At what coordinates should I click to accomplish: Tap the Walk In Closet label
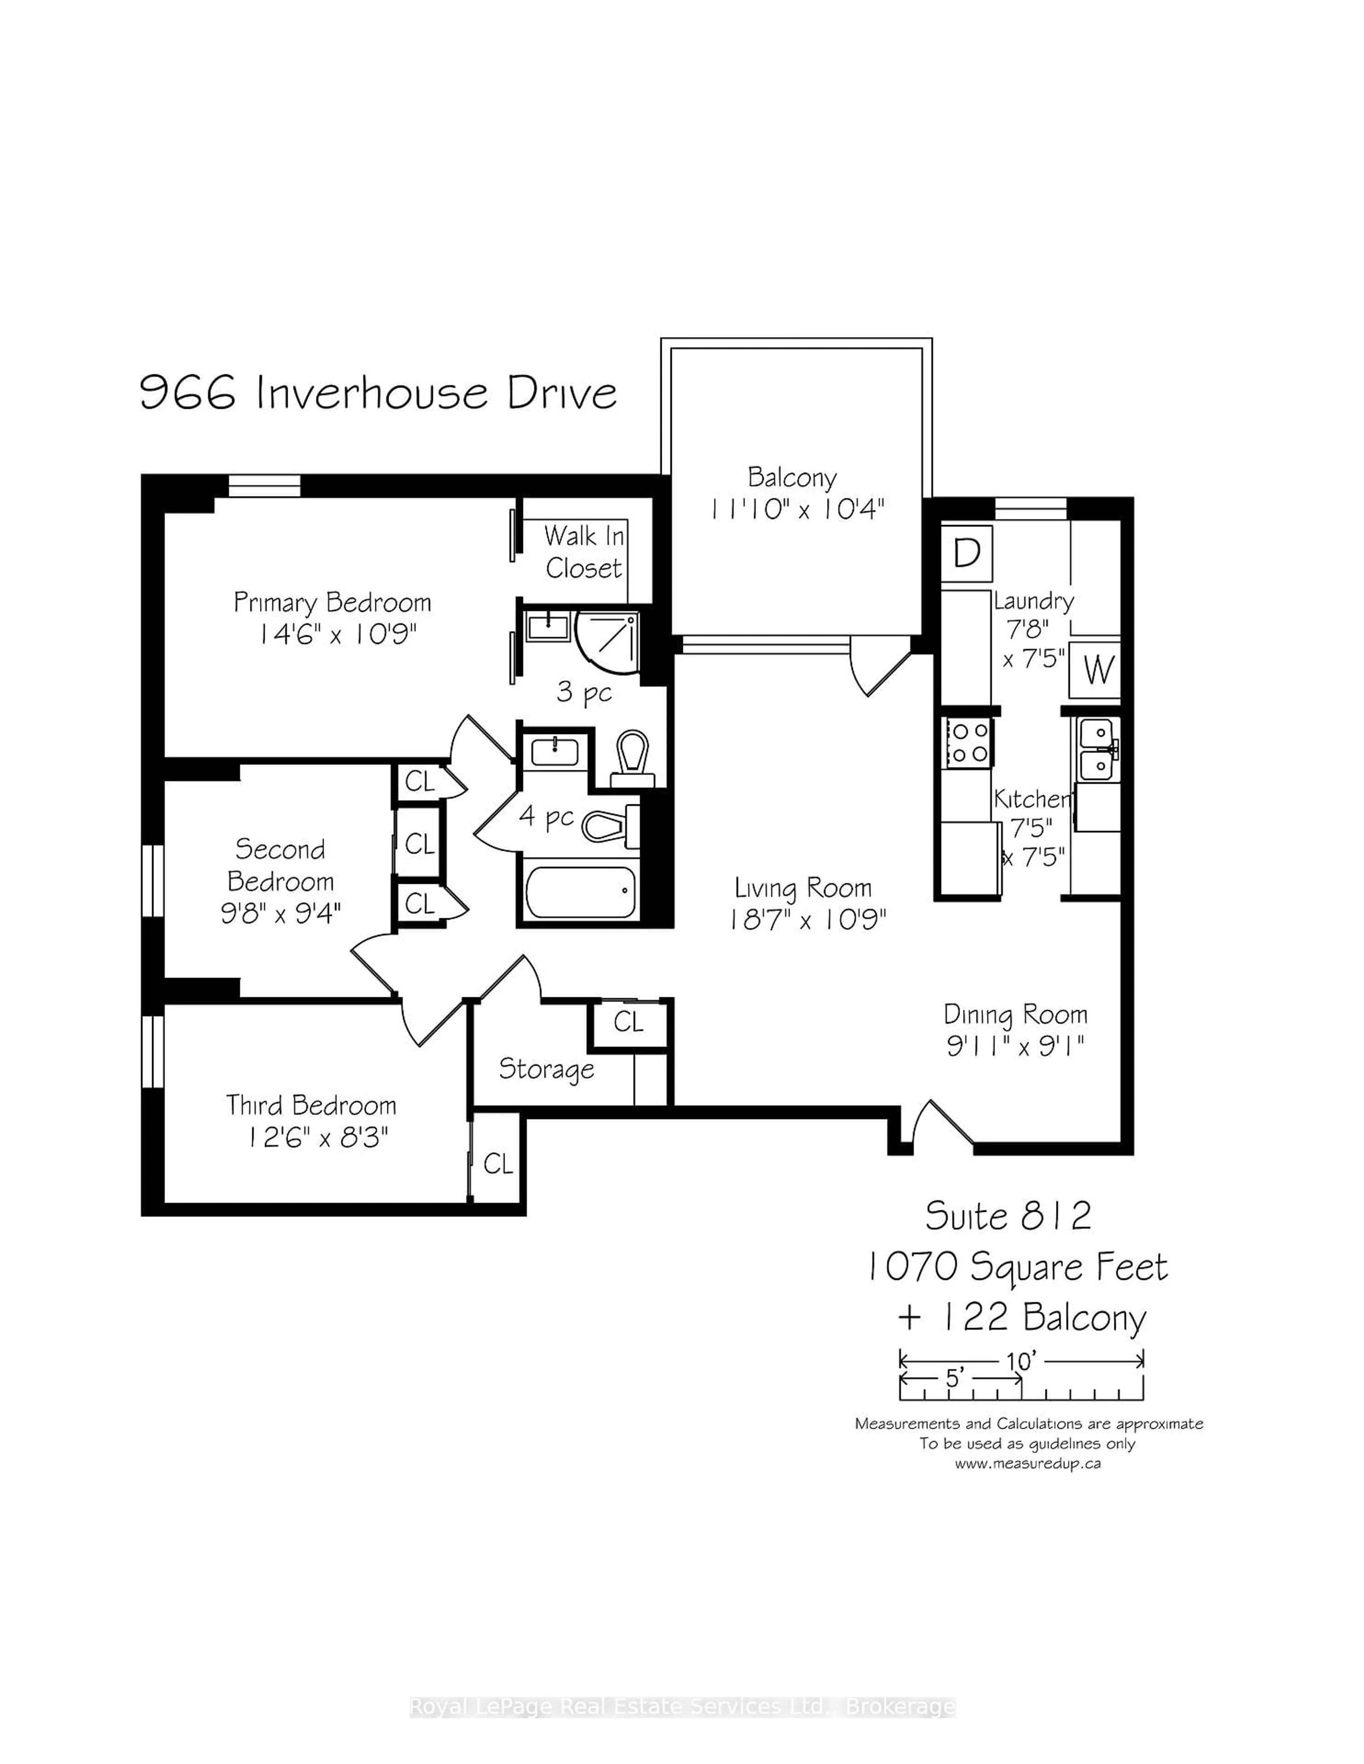(583, 552)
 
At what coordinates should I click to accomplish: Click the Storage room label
(546, 1068)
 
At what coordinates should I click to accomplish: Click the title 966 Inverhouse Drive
(378, 393)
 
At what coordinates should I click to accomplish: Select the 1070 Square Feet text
(1017, 1267)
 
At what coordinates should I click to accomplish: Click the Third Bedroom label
(311, 1105)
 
